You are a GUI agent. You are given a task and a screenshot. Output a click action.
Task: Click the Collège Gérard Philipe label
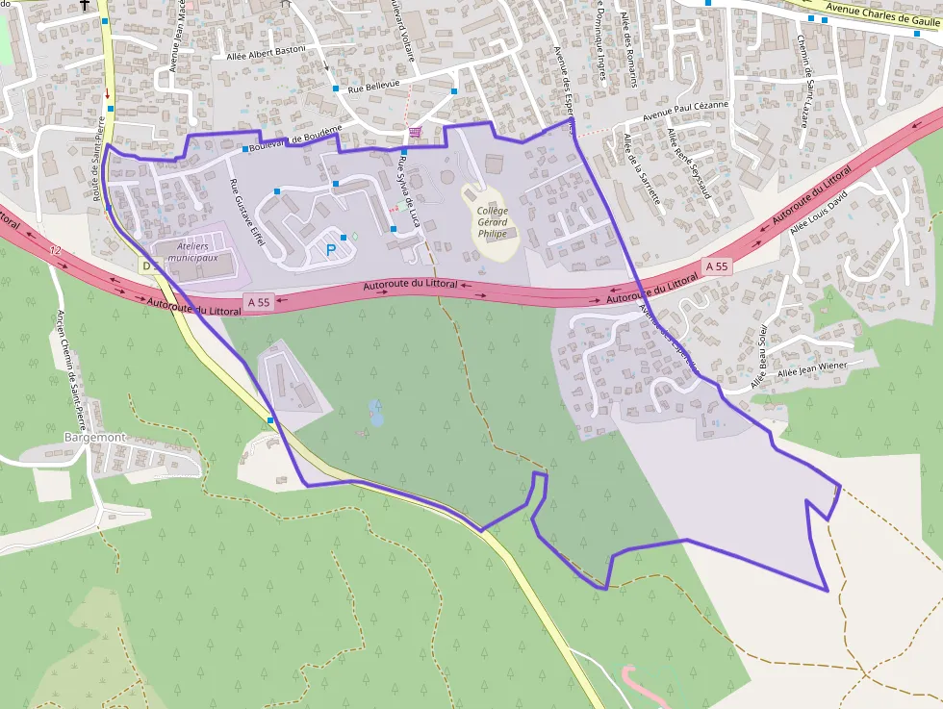coord(491,222)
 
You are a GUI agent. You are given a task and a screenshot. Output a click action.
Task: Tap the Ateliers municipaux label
coord(192,252)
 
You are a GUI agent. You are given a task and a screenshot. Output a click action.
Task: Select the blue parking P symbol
coord(332,250)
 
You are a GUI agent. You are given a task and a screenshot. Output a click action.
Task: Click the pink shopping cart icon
coord(415,131)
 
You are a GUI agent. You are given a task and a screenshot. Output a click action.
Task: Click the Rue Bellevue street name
coord(373,86)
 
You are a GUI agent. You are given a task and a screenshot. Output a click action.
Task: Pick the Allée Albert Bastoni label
coord(265,52)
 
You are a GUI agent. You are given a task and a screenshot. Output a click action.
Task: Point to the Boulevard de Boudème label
coord(294,139)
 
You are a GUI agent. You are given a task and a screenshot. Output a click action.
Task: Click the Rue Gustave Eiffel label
coord(246,212)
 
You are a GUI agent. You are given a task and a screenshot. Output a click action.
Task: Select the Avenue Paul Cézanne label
coord(685,112)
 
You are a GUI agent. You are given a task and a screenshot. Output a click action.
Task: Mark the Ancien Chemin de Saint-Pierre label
coord(75,366)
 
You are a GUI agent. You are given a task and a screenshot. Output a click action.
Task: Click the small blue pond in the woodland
coord(375,414)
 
